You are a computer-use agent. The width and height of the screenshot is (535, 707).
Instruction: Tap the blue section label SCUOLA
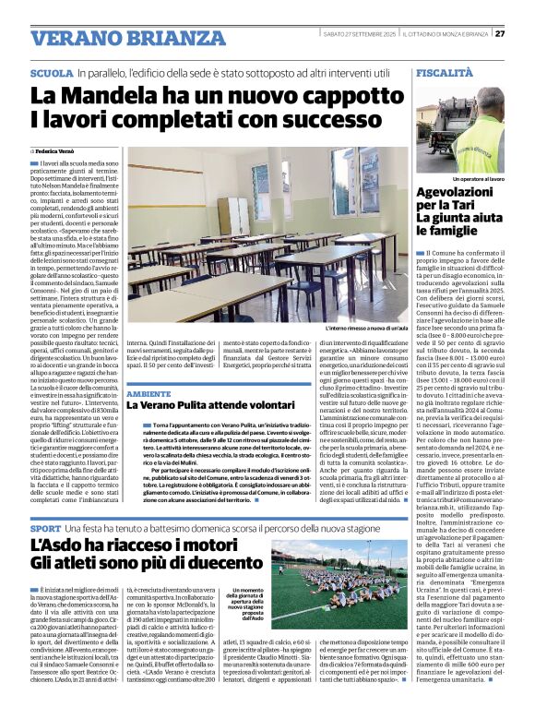click(x=52, y=72)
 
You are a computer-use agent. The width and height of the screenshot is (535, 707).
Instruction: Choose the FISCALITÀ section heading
click(x=445, y=71)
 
